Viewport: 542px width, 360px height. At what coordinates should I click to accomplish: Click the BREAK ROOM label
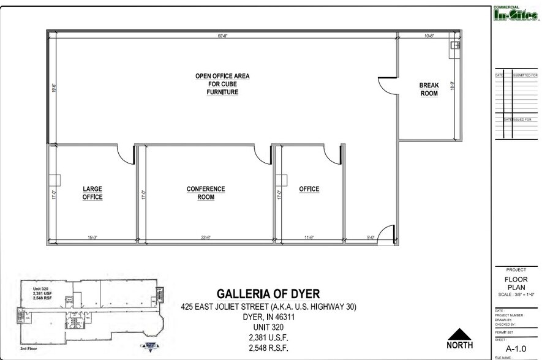(x=429, y=89)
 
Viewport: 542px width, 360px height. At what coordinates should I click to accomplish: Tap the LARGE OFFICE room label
(x=92, y=193)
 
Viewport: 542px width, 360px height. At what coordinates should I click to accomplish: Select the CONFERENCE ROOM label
(x=206, y=193)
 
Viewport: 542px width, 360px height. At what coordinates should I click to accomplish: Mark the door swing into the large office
(x=126, y=155)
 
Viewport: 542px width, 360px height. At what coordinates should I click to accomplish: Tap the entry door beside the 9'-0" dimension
(x=386, y=234)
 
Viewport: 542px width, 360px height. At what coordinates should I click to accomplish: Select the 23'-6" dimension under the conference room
(x=205, y=238)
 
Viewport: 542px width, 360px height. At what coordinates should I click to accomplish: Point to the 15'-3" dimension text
(x=92, y=238)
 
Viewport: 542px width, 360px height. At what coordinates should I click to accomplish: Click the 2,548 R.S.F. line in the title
(x=268, y=348)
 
